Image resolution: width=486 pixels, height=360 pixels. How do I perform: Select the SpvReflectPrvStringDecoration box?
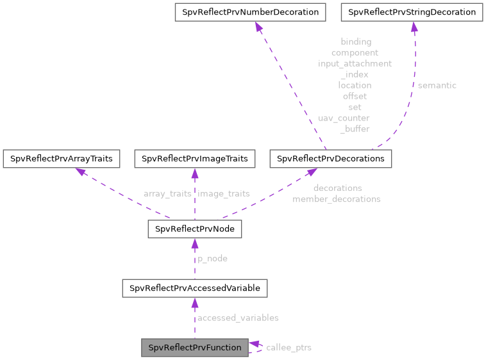(x=412, y=12)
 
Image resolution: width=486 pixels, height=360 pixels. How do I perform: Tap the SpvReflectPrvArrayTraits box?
(x=62, y=158)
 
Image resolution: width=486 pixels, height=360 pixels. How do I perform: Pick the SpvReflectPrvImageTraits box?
(x=195, y=158)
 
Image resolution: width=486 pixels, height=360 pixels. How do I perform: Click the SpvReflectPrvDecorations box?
(x=331, y=158)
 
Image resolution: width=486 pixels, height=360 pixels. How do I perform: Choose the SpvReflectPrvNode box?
(x=195, y=229)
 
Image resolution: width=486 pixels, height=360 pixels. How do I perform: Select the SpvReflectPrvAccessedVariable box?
(x=195, y=288)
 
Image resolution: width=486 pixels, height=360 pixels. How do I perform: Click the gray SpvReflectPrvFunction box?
(x=195, y=348)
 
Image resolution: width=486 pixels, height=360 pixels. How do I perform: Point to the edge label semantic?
(x=437, y=85)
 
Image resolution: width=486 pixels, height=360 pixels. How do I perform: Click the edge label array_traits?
(x=167, y=193)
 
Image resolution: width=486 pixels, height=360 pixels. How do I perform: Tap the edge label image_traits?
(x=224, y=193)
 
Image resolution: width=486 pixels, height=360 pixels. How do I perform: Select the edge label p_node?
(x=212, y=259)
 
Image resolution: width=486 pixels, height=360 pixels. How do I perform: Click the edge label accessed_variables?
(x=238, y=318)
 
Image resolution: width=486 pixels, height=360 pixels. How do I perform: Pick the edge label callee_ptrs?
(x=289, y=348)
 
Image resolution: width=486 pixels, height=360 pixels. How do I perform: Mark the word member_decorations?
(x=337, y=199)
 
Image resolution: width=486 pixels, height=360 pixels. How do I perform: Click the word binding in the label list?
(x=355, y=42)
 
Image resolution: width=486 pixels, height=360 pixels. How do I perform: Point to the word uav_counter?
(x=344, y=118)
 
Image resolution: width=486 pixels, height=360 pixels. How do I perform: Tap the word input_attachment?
(x=355, y=63)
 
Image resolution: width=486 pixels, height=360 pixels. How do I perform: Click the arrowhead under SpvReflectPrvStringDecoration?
(x=414, y=27)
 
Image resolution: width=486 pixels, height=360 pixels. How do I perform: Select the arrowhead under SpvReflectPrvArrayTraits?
(x=80, y=172)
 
